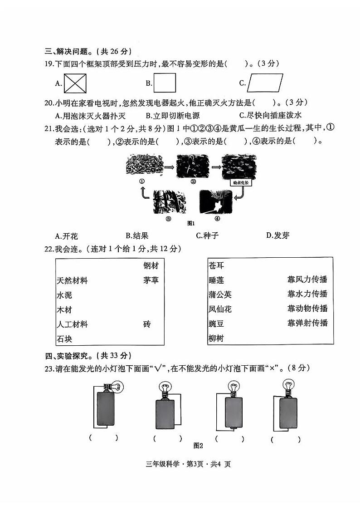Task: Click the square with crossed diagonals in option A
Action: pos(75,83)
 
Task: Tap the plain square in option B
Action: pos(165,83)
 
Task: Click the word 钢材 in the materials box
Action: pos(151,265)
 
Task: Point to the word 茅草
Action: pos(151,280)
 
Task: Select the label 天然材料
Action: pos(72,281)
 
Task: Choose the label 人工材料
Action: pos(72,324)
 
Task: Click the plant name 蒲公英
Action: pos(220,294)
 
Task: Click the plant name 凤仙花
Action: pos(220,309)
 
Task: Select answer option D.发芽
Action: pos(278,235)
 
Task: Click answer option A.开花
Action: pos(66,236)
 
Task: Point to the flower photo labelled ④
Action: pos(216,202)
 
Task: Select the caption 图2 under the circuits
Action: pos(197,446)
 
